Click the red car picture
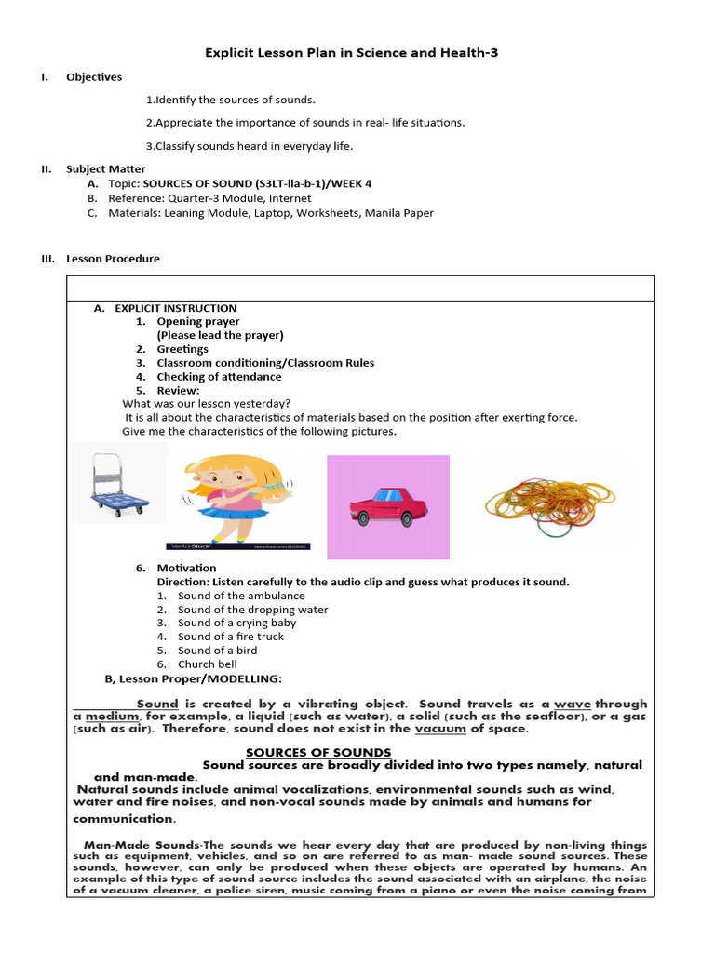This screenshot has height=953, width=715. pos(388,507)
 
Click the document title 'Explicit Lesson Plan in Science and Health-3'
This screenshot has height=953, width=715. pos(351,53)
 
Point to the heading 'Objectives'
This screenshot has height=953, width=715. pos(94,77)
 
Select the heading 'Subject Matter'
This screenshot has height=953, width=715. pos(105,169)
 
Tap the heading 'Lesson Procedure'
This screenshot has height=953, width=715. pos(113,259)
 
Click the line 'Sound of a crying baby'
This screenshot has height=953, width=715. pos(236,623)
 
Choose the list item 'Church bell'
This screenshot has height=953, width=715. pos(209,664)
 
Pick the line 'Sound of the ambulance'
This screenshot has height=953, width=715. pos(241,596)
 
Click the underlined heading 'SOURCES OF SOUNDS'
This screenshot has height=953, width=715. pos(318,752)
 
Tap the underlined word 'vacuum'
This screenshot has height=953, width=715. pos(440,729)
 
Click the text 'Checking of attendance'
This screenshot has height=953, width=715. pos(219,377)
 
